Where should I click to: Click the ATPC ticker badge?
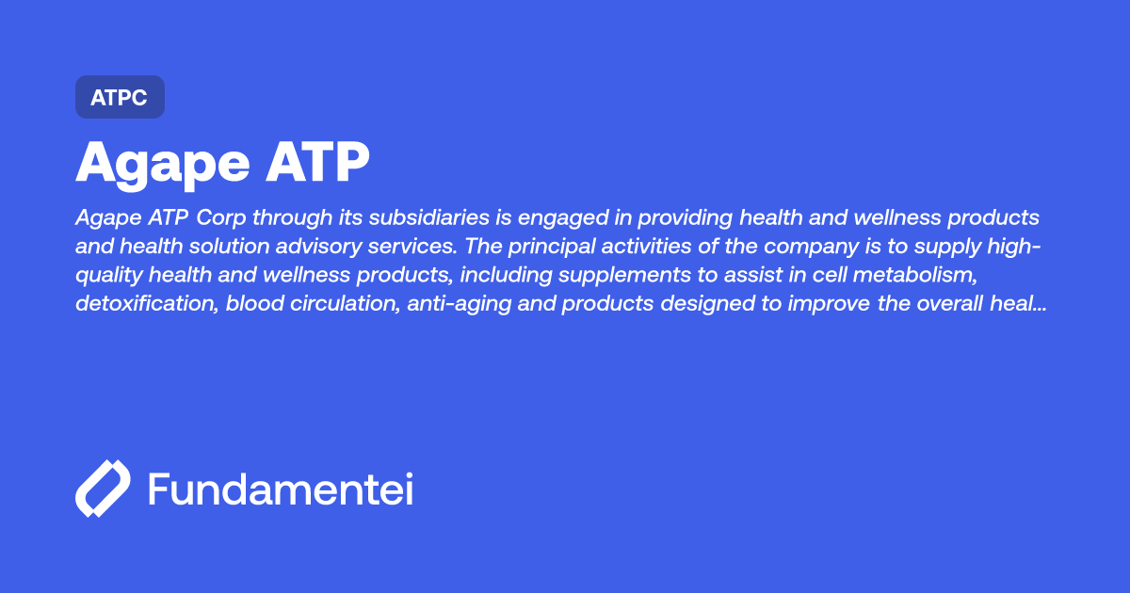pos(120,97)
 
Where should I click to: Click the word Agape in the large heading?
pos(159,164)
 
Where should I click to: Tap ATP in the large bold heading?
pos(317,164)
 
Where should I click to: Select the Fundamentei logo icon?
pos(103,489)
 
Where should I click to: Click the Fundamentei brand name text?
pos(281,489)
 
